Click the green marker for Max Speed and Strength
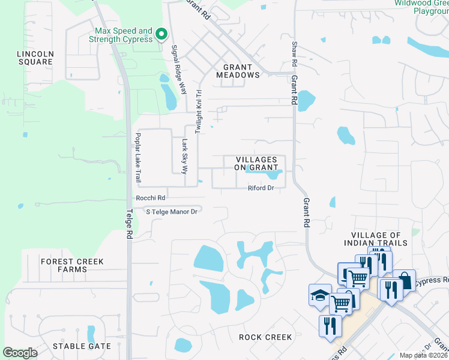(161, 35)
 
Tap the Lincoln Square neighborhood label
(35, 58)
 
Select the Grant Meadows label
(241, 71)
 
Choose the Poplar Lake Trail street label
(137, 157)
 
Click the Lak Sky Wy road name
(185, 155)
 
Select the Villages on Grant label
(256, 163)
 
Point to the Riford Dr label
(261, 188)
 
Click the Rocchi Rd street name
(151, 197)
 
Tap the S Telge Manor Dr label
(172, 211)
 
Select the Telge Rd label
(129, 223)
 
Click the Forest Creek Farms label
(72, 266)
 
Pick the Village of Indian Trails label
(376, 239)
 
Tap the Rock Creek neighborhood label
(265, 337)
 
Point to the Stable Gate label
(82, 346)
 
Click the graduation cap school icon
(320, 295)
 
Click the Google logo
(20, 353)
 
